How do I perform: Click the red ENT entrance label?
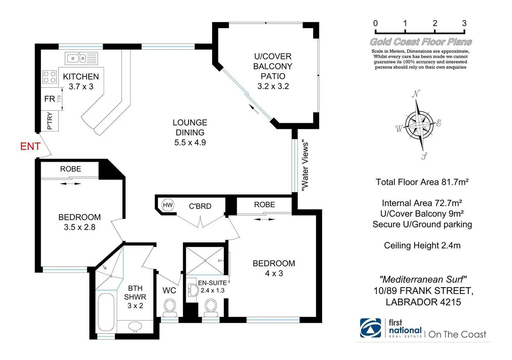[x=30, y=146]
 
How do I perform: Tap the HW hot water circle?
[x=168, y=205]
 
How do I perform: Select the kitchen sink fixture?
[x=82, y=58]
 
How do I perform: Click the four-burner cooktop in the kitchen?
[x=50, y=77]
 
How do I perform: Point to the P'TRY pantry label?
[x=50, y=121]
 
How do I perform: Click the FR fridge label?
[x=50, y=99]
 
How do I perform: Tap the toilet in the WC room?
[x=170, y=308]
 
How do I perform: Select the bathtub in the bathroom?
[x=106, y=312]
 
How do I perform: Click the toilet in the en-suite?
[x=211, y=308]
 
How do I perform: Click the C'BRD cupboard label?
[x=200, y=206]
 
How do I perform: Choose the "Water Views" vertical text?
[x=305, y=166]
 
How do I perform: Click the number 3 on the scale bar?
[x=464, y=23]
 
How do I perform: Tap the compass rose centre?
[x=419, y=125]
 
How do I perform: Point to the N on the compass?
[x=416, y=94]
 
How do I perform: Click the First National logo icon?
[x=370, y=328]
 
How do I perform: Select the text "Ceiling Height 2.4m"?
[x=422, y=245]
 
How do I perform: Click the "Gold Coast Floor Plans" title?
[x=421, y=42]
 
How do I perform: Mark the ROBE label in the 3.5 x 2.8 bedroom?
[x=71, y=169]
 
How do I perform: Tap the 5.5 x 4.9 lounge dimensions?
[x=190, y=142]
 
